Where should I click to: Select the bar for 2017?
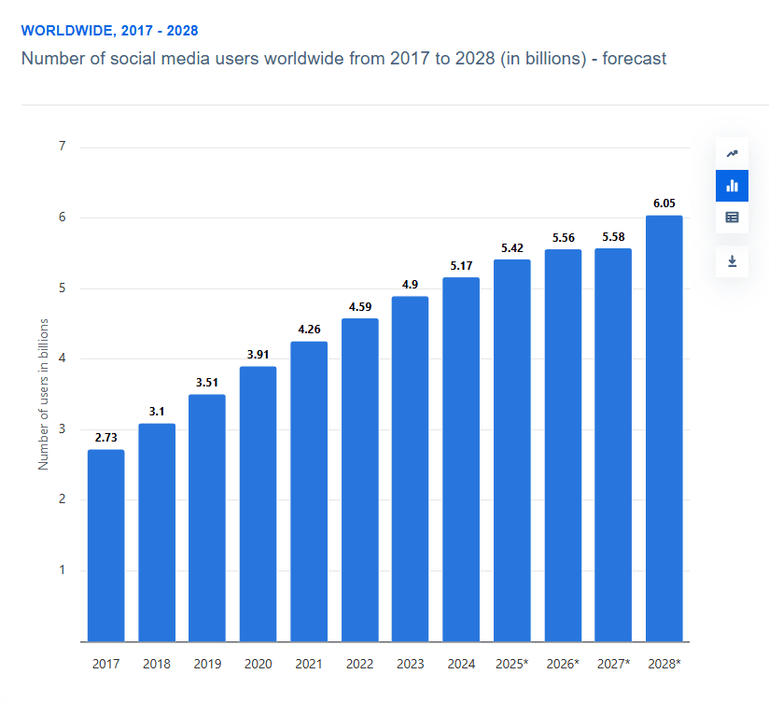tap(105, 545)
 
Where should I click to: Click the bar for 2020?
tap(258, 504)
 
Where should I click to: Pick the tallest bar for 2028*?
tap(664, 428)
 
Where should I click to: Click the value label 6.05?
tap(664, 203)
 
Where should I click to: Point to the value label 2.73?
tap(105, 437)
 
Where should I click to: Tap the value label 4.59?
tap(359, 305)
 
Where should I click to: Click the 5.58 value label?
tap(613, 236)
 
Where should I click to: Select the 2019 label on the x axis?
tap(207, 665)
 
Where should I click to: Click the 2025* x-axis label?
tap(512, 665)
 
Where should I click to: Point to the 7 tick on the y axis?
tap(62, 147)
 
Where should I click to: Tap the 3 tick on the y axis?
tap(62, 429)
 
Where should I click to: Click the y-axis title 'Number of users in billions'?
tap(43, 394)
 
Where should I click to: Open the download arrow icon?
tap(732, 260)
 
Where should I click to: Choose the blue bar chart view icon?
tap(732, 186)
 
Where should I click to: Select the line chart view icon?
tap(732, 154)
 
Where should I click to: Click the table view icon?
tap(732, 218)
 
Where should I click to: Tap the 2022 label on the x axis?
tap(359, 665)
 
